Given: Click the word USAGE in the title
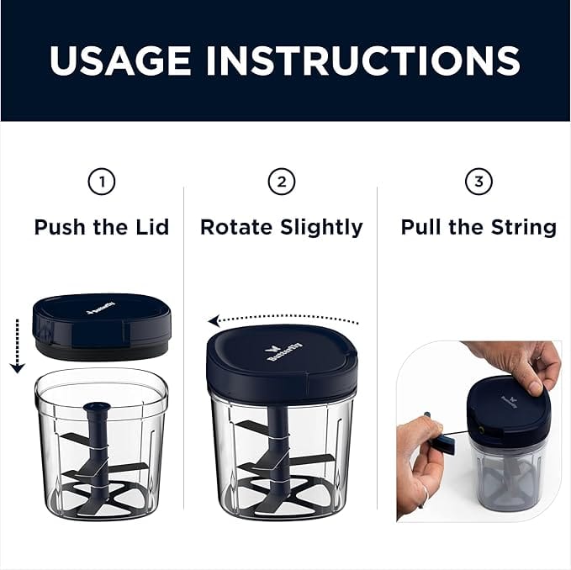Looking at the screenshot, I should (121, 60).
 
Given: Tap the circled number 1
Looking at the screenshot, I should (102, 182).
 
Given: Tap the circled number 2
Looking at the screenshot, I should (281, 182).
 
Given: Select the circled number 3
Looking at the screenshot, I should (478, 182).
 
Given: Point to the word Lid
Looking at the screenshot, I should (151, 227).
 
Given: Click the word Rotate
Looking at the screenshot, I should (235, 227).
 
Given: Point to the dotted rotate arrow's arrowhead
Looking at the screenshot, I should (214, 320).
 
